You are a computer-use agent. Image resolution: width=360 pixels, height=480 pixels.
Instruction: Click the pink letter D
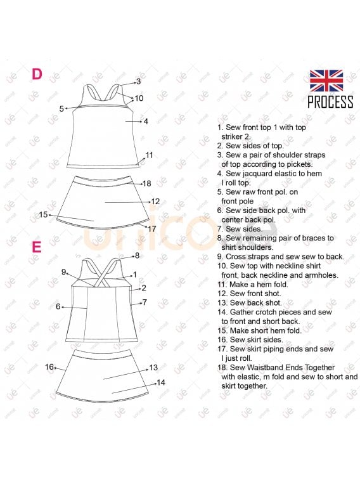click(x=37, y=74)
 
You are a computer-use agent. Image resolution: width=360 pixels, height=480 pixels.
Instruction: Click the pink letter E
click(x=36, y=247)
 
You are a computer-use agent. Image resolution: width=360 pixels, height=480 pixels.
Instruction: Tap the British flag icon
click(x=326, y=81)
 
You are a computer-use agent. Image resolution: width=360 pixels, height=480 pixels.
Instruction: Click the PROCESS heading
click(x=330, y=101)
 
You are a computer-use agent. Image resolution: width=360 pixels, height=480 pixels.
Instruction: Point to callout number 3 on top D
click(x=139, y=81)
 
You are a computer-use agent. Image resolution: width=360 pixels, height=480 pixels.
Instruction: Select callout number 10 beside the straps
click(x=139, y=98)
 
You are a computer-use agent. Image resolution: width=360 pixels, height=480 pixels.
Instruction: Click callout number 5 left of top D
click(x=61, y=108)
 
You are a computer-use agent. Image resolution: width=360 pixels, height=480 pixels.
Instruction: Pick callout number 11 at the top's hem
click(x=150, y=155)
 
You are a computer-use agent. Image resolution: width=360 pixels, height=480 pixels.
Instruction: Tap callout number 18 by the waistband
click(x=147, y=183)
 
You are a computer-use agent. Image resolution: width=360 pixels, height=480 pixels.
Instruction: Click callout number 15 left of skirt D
click(x=44, y=214)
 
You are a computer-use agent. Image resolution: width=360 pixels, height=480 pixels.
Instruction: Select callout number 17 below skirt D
click(x=151, y=229)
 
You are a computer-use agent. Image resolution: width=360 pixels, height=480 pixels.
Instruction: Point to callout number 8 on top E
click(x=137, y=256)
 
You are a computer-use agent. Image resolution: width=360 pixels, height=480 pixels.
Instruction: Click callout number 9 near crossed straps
click(x=63, y=272)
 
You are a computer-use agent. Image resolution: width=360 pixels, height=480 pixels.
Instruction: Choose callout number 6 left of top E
click(x=58, y=306)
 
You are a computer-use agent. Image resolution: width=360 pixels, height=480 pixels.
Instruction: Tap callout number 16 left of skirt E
click(x=49, y=366)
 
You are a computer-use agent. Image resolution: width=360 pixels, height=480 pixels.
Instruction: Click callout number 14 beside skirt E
click(x=161, y=382)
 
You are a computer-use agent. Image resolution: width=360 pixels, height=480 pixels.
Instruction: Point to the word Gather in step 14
click(x=241, y=312)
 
